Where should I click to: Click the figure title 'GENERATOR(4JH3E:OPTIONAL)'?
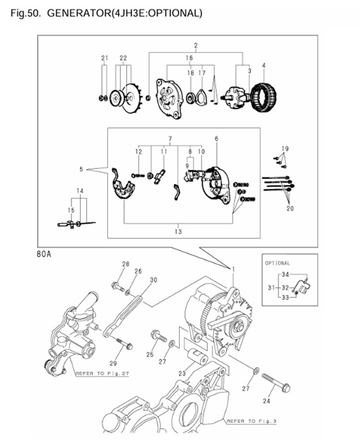[x=124, y=13]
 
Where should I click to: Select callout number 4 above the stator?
[x=263, y=65]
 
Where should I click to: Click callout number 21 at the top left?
[x=105, y=58]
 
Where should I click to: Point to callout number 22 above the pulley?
[x=124, y=58]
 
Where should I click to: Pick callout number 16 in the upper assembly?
[x=189, y=58]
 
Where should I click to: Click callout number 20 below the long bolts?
[x=290, y=208]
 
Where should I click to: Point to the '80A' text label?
[x=44, y=256]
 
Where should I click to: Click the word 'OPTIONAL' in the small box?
[x=278, y=263]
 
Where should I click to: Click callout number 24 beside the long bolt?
[x=284, y=402]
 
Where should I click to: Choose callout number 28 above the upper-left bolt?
[x=125, y=264]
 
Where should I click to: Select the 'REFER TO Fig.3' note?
[x=245, y=421]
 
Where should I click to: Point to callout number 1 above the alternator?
[x=232, y=270]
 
